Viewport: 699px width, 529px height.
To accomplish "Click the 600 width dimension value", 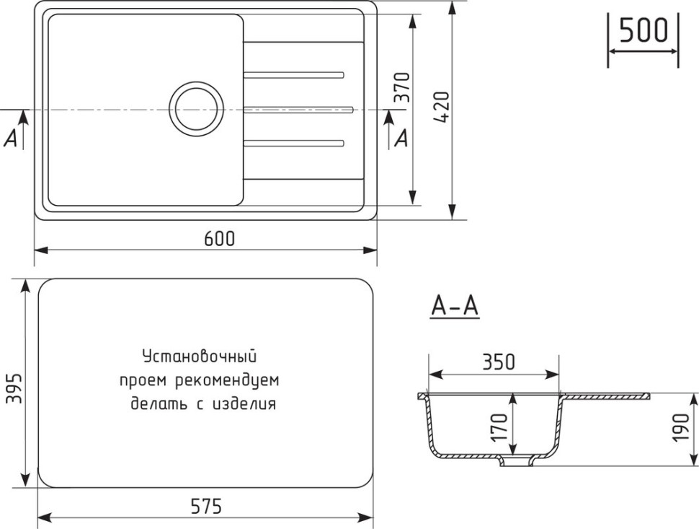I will pyautogui.click(x=219, y=239).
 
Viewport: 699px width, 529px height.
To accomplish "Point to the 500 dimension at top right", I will pyautogui.click(x=643, y=31).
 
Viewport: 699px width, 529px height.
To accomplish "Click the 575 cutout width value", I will pyautogui.click(x=205, y=507).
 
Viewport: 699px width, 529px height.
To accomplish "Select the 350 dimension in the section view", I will pyautogui.click(x=499, y=362).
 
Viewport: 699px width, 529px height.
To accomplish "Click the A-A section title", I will pyautogui.click(x=455, y=307).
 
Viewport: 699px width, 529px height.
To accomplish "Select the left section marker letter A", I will pyautogui.click(x=11, y=139).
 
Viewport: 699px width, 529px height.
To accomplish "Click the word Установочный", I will pyautogui.click(x=200, y=356).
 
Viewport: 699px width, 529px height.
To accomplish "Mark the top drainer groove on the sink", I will pyautogui.click(x=294, y=74).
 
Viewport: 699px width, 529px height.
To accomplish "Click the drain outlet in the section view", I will pyautogui.click(x=515, y=462).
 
